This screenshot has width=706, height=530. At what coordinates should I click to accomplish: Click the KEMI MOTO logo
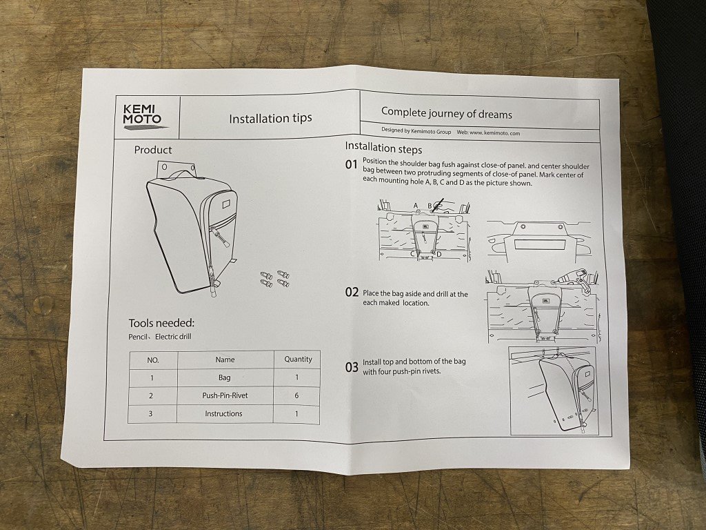click(142, 116)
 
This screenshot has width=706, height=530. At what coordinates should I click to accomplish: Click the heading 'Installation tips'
click(270, 119)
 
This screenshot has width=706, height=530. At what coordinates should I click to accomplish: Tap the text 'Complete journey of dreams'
click(447, 113)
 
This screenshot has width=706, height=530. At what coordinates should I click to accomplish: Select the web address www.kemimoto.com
click(495, 133)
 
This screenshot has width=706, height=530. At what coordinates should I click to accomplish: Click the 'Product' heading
click(153, 150)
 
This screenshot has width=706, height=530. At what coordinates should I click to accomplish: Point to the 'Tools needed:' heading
click(161, 323)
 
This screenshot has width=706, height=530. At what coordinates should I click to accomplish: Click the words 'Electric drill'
click(173, 337)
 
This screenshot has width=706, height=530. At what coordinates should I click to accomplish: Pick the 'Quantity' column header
click(298, 359)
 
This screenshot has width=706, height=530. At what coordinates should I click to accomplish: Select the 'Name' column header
click(225, 360)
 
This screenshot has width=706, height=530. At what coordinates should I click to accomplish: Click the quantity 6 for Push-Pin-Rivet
click(296, 395)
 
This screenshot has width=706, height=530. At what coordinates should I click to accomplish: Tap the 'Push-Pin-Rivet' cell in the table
click(225, 395)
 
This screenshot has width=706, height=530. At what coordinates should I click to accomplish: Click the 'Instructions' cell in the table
click(223, 414)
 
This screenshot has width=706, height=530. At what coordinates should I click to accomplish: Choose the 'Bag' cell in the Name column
click(224, 377)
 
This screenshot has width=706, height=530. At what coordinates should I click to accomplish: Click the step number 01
click(351, 164)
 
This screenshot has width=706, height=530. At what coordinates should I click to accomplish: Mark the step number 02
click(352, 293)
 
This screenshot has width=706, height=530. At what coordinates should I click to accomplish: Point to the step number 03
click(352, 367)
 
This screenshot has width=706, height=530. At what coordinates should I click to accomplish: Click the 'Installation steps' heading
click(383, 148)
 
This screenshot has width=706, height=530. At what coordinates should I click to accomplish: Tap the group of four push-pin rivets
click(275, 279)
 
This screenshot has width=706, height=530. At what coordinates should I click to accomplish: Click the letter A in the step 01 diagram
click(416, 206)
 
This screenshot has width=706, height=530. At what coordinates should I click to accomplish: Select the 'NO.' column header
click(153, 360)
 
